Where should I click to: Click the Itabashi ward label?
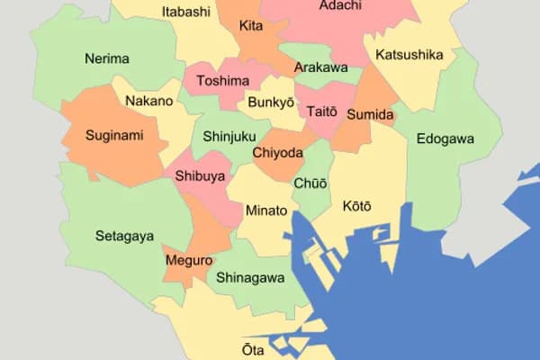[x=186, y=12]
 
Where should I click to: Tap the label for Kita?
[x=251, y=26]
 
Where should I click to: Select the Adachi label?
[x=340, y=6]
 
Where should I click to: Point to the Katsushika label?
[x=409, y=55]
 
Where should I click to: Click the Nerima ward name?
[x=107, y=58]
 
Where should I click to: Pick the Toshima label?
[x=222, y=81]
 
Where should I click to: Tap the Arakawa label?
[x=320, y=67]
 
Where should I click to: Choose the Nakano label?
[x=149, y=101]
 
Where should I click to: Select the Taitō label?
[x=321, y=112]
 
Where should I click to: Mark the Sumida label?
[x=370, y=115]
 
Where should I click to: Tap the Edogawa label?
[x=445, y=139]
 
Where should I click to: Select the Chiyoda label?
[x=277, y=152]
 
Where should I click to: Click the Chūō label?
[x=310, y=184]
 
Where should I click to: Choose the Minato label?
[x=266, y=211]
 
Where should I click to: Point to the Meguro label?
[x=189, y=261]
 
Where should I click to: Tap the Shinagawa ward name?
[x=250, y=278]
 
